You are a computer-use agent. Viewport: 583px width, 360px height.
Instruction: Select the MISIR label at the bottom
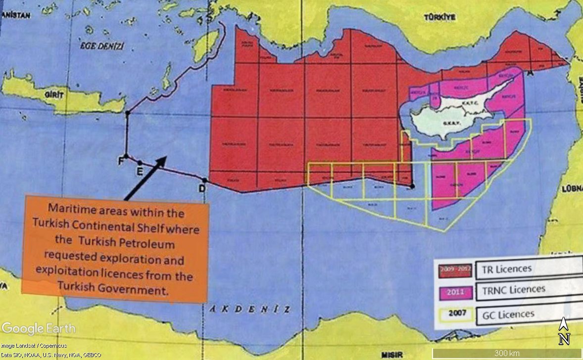pyautogui.click(x=392, y=355)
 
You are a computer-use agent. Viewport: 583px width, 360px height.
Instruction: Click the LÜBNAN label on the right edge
pyautogui.click(x=571, y=189)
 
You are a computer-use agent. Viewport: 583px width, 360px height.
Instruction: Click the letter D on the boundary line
pyautogui.click(x=202, y=188)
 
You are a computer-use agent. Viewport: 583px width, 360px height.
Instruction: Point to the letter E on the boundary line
pyautogui.click(x=140, y=171)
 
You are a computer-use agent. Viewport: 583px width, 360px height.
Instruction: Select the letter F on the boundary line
pyautogui.click(x=120, y=161)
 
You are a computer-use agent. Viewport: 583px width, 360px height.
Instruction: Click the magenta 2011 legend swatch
pyautogui.click(x=454, y=292)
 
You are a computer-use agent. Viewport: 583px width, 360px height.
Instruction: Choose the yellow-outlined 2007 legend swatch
pyautogui.click(x=454, y=314)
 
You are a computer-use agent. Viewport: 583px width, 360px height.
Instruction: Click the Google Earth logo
pyautogui.click(x=39, y=328)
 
